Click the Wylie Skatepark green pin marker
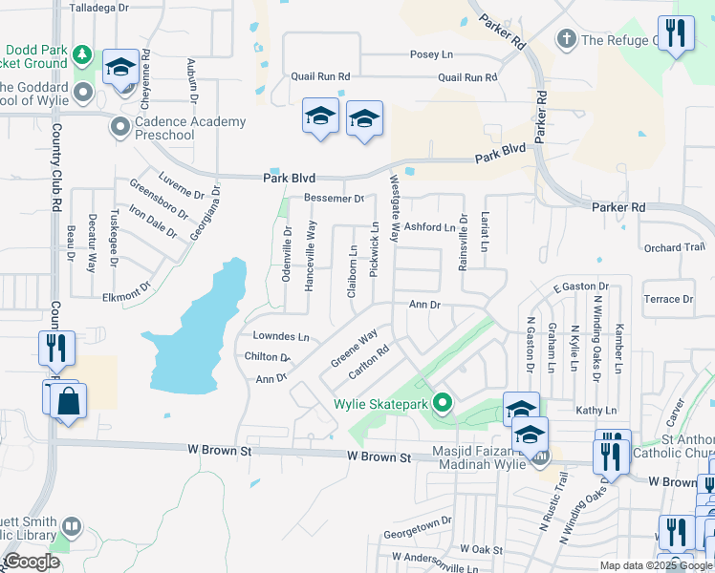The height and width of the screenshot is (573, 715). [x=442, y=403]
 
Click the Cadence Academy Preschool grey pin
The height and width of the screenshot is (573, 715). [x=120, y=127]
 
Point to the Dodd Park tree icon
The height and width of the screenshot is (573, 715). [x=83, y=54]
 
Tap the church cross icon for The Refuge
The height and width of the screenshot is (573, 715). [x=567, y=39]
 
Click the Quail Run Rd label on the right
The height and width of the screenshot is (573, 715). [x=467, y=77]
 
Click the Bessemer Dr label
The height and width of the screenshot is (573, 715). [x=335, y=199]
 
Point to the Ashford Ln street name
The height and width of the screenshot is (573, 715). [x=429, y=227]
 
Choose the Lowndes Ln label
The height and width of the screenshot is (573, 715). [x=281, y=337]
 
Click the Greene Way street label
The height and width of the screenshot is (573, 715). [x=354, y=349]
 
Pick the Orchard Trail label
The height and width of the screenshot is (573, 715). [x=674, y=248]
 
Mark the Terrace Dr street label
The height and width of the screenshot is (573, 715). [x=669, y=299]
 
